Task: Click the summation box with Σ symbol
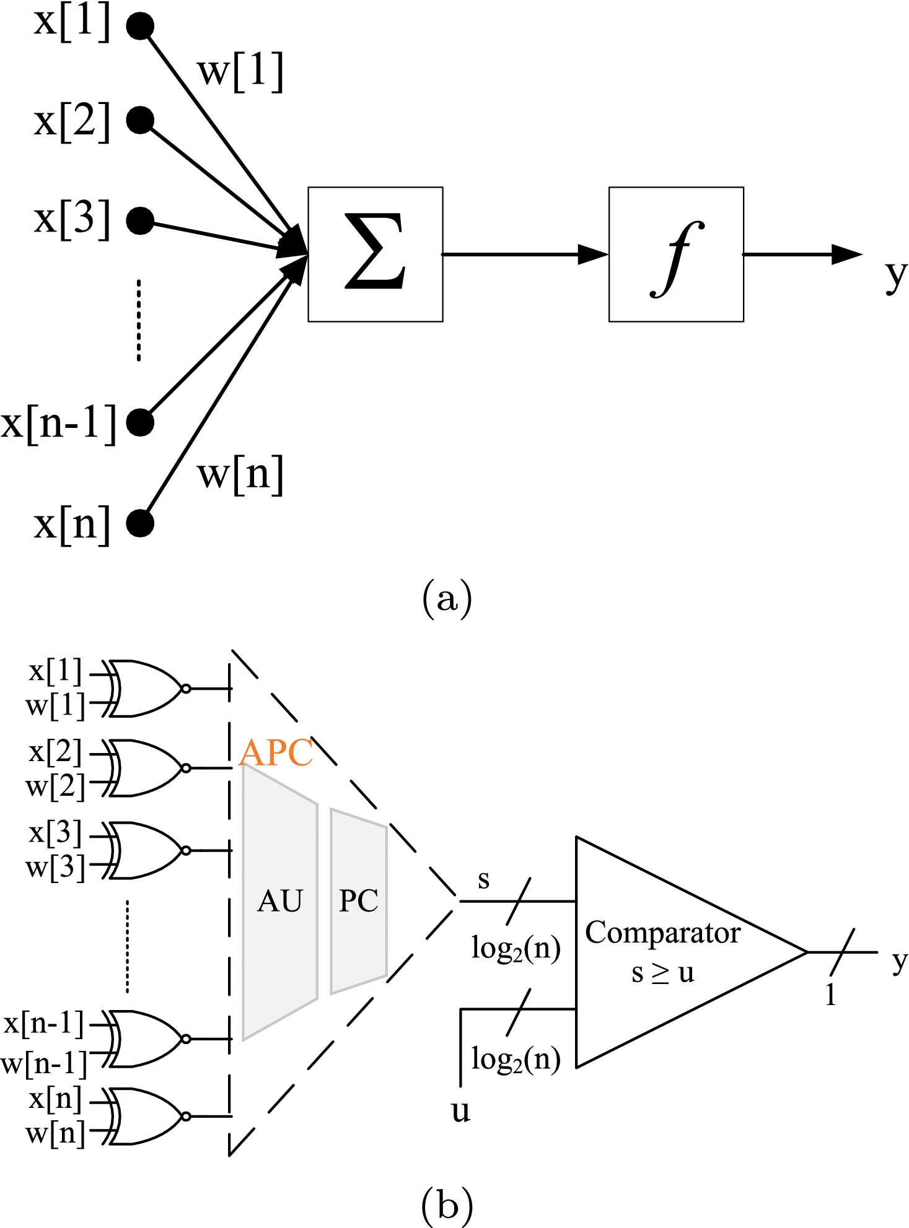click(375, 254)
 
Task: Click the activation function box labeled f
click(676, 254)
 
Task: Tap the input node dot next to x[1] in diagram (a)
click(140, 27)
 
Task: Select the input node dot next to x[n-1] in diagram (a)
click(140, 422)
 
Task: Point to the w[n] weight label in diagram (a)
click(240, 475)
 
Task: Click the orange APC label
click(276, 753)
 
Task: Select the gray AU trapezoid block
click(280, 902)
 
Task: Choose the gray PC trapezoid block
click(359, 902)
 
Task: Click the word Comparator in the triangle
click(662, 933)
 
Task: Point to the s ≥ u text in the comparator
click(662, 973)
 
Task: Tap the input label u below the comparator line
click(460, 1110)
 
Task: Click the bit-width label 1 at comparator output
click(831, 995)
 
